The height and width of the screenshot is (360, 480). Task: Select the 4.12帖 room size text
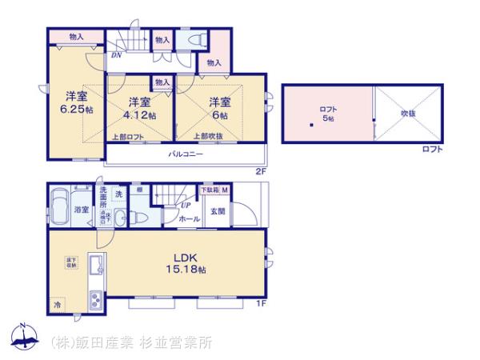point(141,114)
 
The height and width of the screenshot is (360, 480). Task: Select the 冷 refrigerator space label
point(57,305)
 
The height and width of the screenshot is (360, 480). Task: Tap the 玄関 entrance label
point(218,212)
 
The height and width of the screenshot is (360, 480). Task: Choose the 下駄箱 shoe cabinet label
point(208,190)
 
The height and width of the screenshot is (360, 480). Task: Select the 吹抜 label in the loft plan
point(408,113)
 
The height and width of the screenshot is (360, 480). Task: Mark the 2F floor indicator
point(260,170)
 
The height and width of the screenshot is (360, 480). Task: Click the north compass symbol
point(22,337)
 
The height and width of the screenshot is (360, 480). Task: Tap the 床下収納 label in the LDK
point(70,262)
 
